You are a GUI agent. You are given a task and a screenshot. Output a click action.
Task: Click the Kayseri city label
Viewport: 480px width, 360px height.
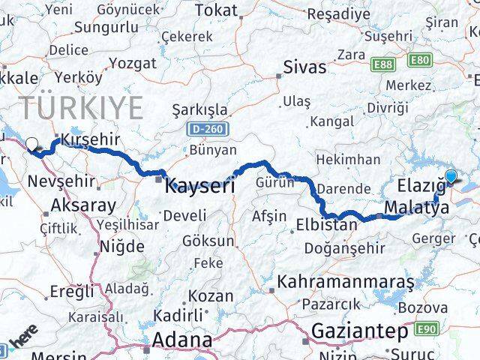click(199, 184)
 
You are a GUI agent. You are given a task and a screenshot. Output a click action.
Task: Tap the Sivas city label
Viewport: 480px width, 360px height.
click(304, 67)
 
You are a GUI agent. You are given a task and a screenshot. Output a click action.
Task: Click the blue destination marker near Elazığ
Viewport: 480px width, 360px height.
click(450, 176)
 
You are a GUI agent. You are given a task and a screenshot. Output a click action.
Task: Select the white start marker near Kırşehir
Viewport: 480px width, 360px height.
click(31, 144)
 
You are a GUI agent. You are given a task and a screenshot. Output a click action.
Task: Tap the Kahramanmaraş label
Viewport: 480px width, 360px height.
click(345, 283)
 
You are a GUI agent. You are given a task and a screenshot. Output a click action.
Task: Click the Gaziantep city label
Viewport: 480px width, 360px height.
click(359, 331)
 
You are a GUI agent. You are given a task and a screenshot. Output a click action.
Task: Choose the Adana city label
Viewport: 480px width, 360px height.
click(181, 340)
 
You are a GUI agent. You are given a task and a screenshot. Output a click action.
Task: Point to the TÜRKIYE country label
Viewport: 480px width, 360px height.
click(81, 109)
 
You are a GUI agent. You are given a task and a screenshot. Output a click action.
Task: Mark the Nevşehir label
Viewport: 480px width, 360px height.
click(61, 181)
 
